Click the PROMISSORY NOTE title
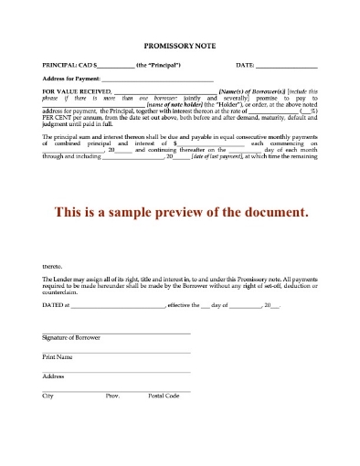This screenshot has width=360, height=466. point(180,45)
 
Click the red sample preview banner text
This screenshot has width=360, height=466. point(181,211)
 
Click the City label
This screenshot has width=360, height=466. point(48,395)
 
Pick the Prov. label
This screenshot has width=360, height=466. point(113,395)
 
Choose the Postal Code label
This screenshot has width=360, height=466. point(164,395)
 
